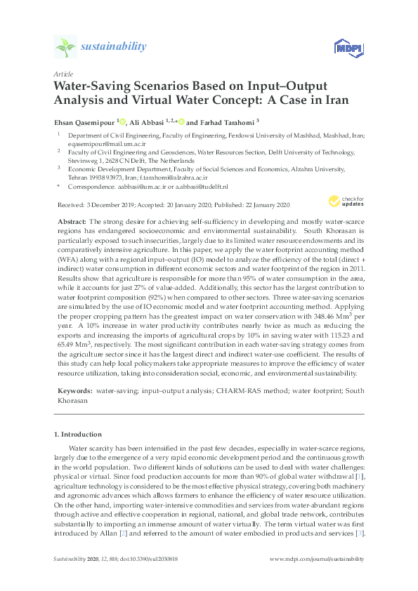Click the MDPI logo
click(342, 48)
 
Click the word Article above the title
click(63, 73)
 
